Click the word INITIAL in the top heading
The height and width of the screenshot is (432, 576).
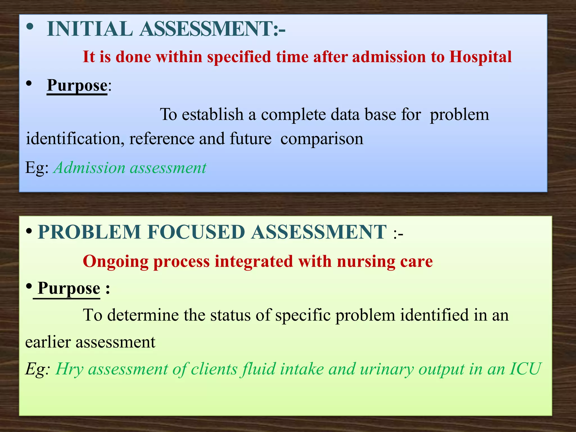tap(90, 29)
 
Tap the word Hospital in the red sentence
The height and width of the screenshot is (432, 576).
tap(480, 57)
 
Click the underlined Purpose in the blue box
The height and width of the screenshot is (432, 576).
tap(77, 85)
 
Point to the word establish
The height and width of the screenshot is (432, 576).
tap(212, 114)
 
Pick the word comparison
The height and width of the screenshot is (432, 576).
tap(322, 139)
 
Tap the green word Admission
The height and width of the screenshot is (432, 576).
tap(90, 168)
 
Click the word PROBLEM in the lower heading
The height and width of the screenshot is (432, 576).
tap(89, 232)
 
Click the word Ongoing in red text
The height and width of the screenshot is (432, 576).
tap(116, 262)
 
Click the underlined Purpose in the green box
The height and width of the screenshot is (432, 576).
tap(69, 289)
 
